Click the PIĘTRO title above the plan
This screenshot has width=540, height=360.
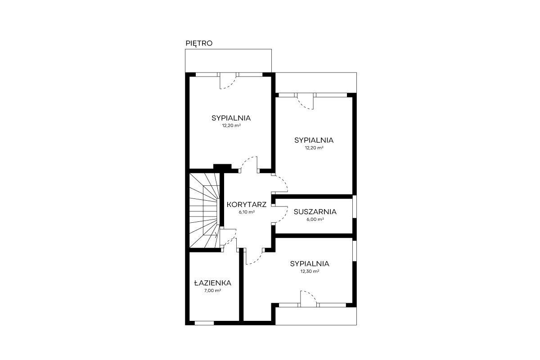click(199, 43)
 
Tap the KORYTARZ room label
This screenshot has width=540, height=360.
click(247, 204)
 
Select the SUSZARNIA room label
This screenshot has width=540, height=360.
click(315, 211)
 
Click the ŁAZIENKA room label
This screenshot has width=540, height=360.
click(212, 283)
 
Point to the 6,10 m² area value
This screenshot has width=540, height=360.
click(247, 212)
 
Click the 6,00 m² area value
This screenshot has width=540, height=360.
click(315, 220)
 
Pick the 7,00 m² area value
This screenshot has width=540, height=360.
click(212, 291)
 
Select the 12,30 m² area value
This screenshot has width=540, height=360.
click(310, 271)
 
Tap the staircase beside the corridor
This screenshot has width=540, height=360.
click(205, 210)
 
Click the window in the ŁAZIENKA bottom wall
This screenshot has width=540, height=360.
click(204, 323)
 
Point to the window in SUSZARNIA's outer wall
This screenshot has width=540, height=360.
click(355, 207)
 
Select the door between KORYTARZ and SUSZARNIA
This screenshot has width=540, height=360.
click(279, 215)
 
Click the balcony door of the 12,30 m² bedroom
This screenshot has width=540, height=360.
click(308, 299)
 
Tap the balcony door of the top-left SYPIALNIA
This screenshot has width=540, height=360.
click(228, 81)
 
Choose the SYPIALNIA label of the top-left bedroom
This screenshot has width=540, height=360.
click(231, 118)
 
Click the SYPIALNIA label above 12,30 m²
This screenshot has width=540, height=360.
click(310, 264)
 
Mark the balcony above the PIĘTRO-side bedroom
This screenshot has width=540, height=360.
click(228, 61)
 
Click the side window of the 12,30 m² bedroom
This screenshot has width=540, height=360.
click(355, 251)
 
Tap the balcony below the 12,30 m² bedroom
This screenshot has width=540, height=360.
click(316, 316)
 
